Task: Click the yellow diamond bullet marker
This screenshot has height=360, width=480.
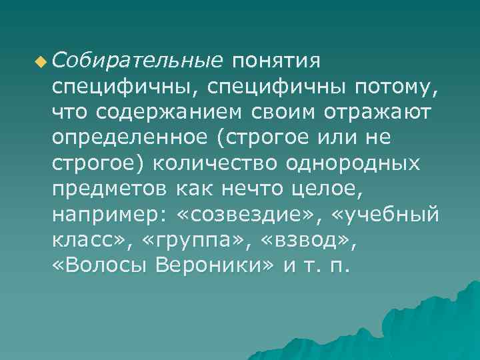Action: pos(43,63)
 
